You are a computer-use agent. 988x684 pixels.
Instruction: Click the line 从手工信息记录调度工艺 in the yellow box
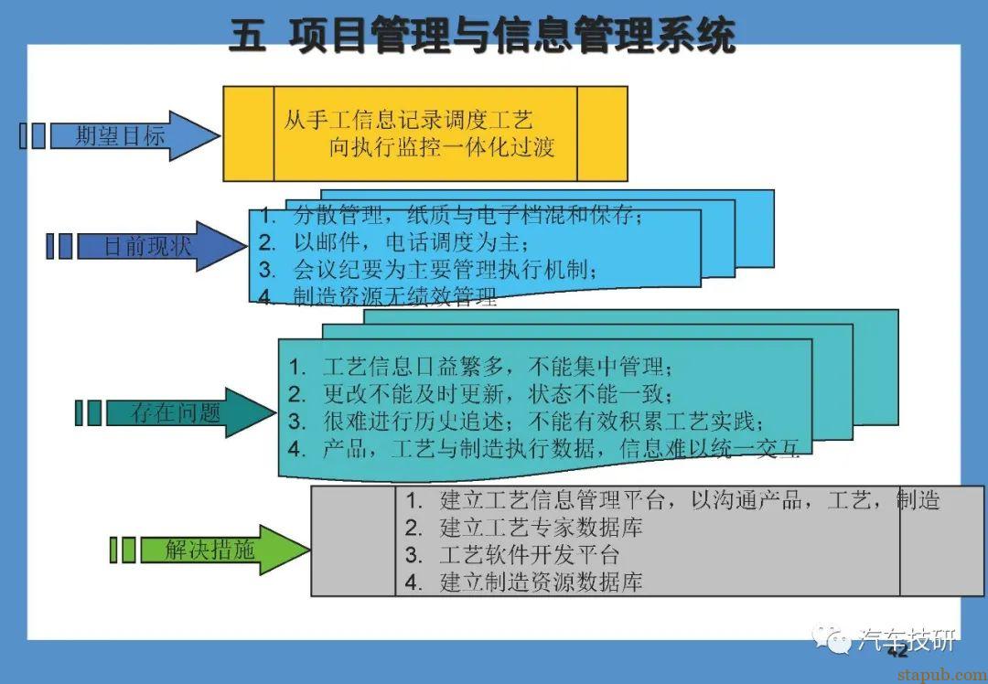click(x=408, y=120)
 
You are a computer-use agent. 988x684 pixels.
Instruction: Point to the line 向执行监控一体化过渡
click(x=442, y=147)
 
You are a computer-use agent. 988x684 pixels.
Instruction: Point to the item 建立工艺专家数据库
click(x=541, y=528)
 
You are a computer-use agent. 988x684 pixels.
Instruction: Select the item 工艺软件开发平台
click(x=530, y=555)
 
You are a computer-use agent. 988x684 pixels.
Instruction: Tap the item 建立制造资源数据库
click(x=541, y=582)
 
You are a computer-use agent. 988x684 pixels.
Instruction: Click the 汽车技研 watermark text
click(x=907, y=639)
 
